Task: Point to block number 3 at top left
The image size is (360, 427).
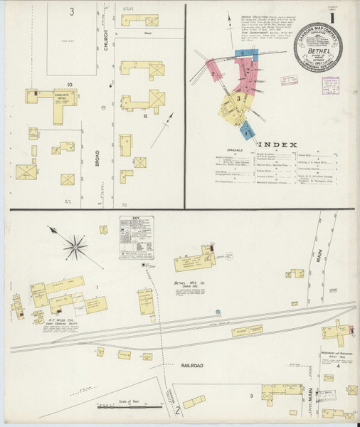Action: (71, 12)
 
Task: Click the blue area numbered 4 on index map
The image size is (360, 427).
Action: (246, 131)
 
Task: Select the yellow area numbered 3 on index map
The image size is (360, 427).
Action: (240, 99)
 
